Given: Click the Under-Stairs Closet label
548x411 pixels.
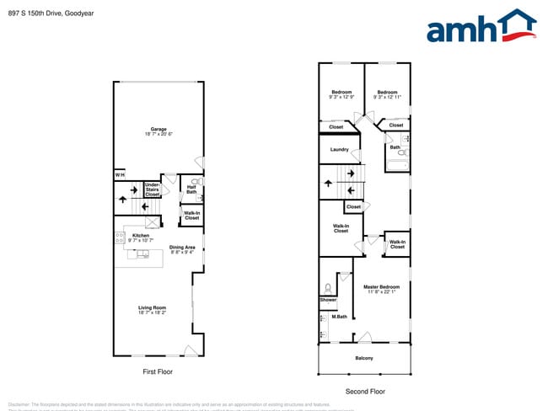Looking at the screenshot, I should pyautogui.click(x=153, y=189).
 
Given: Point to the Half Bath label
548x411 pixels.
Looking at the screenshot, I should pyautogui.click(x=191, y=189).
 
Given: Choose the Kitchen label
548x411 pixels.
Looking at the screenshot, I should pyautogui.click(x=141, y=238).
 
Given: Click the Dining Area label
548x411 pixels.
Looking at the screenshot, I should pyautogui.click(x=183, y=249).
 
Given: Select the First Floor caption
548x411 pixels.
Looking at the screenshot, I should pyautogui.click(x=158, y=371).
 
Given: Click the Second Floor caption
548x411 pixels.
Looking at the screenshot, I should pyautogui.click(x=365, y=392).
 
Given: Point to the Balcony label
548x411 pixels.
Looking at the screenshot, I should pyautogui.click(x=363, y=359).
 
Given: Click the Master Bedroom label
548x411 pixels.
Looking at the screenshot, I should pyautogui.click(x=381, y=290).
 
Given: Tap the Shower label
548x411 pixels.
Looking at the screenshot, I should pyautogui.click(x=328, y=300).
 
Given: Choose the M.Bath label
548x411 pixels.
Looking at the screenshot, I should pyautogui.click(x=328, y=318).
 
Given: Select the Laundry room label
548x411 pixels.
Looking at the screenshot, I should pyautogui.click(x=340, y=150).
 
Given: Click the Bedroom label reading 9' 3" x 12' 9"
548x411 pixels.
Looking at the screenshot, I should pyautogui.click(x=341, y=94).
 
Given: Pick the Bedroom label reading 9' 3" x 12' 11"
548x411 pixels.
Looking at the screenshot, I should pyautogui.click(x=387, y=94).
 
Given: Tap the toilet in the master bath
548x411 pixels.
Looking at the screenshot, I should pyautogui.click(x=328, y=287).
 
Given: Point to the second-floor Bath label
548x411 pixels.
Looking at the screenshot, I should pyautogui.click(x=395, y=147).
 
